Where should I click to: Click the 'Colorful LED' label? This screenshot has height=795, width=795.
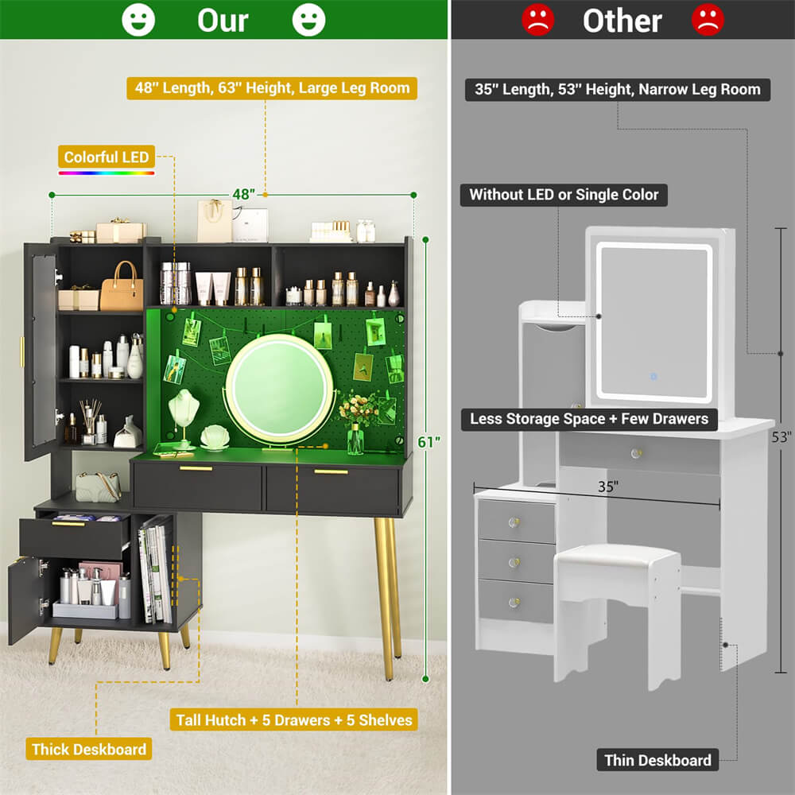(107, 157)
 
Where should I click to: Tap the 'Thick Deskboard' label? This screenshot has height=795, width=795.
(89, 749)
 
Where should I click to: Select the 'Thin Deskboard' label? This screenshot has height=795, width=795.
(657, 760)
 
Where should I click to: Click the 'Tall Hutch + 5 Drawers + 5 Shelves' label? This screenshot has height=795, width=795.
(293, 719)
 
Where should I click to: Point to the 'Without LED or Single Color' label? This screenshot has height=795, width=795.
(564, 195)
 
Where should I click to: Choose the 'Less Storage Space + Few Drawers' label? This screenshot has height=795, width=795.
(589, 419)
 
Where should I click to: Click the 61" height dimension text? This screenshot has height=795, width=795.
(429, 442)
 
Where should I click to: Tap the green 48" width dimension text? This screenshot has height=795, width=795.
(244, 194)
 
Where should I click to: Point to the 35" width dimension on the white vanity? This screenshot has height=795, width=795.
(608, 487)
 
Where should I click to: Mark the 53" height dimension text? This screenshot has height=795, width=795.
(781, 437)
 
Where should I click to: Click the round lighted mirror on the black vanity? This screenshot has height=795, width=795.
(279, 389)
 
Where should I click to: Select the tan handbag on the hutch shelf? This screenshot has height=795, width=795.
(122, 288)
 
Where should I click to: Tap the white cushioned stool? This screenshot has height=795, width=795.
(618, 612)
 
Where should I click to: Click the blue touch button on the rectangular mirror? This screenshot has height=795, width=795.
(653, 377)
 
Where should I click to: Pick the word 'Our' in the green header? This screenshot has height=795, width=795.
(223, 21)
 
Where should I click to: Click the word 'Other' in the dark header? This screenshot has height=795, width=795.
(622, 21)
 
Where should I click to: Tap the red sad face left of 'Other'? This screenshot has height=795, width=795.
(538, 20)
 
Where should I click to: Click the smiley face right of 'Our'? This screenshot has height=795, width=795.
(308, 20)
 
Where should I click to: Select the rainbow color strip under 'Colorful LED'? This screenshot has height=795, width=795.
(107, 173)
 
